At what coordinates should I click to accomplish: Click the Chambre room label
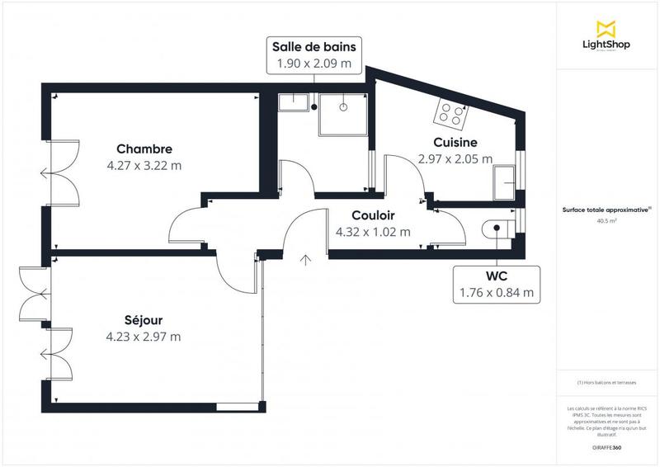pos(144,149)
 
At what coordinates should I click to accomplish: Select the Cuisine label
pos(455,143)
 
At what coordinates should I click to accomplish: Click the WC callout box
pos(497,283)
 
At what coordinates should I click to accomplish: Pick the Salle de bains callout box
pos(316,54)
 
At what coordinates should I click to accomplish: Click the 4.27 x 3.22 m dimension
pos(144,165)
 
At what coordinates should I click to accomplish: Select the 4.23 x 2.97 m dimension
pos(144,336)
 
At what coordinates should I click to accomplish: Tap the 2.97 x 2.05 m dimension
pos(455,159)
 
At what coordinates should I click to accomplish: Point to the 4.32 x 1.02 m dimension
pos(373,232)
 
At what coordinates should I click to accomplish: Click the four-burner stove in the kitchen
pos(450,114)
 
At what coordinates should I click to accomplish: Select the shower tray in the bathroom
pos(343,113)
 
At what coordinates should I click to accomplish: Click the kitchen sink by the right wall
pos(503,182)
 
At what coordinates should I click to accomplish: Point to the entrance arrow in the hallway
pos(306,261)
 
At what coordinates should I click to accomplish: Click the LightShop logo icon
pos(606,29)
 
